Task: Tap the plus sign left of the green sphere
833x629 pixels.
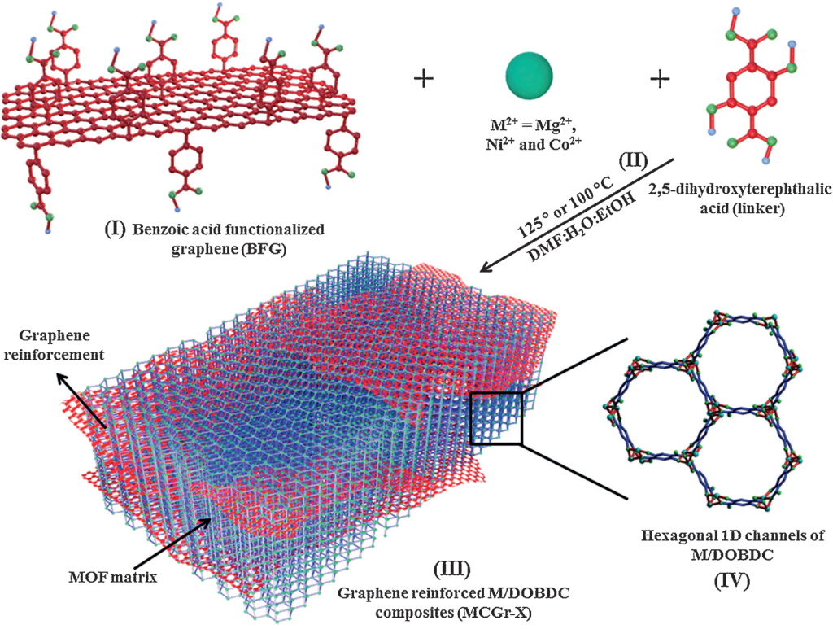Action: (x=424, y=78)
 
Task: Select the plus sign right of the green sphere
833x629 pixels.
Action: (x=660, y=78)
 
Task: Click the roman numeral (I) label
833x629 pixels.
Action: (x=114, y=229)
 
